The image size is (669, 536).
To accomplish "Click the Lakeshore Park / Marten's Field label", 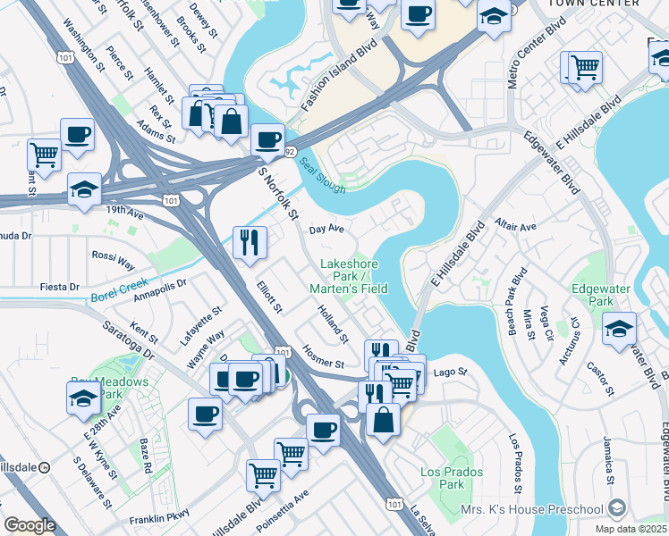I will (349, 276).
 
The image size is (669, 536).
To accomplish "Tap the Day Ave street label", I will (326, 229).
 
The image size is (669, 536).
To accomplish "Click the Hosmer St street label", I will (323, 356).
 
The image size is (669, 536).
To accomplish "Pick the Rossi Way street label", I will (114, 261).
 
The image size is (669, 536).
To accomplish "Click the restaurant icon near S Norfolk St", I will (250, 240).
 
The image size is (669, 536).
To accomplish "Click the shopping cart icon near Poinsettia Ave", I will (263, 473).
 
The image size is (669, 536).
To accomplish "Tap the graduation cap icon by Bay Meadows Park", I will (83, 396).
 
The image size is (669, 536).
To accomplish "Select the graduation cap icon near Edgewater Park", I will (619, 328).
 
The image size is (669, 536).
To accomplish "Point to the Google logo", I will (30, 525).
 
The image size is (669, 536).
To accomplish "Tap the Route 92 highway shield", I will (291, 152).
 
